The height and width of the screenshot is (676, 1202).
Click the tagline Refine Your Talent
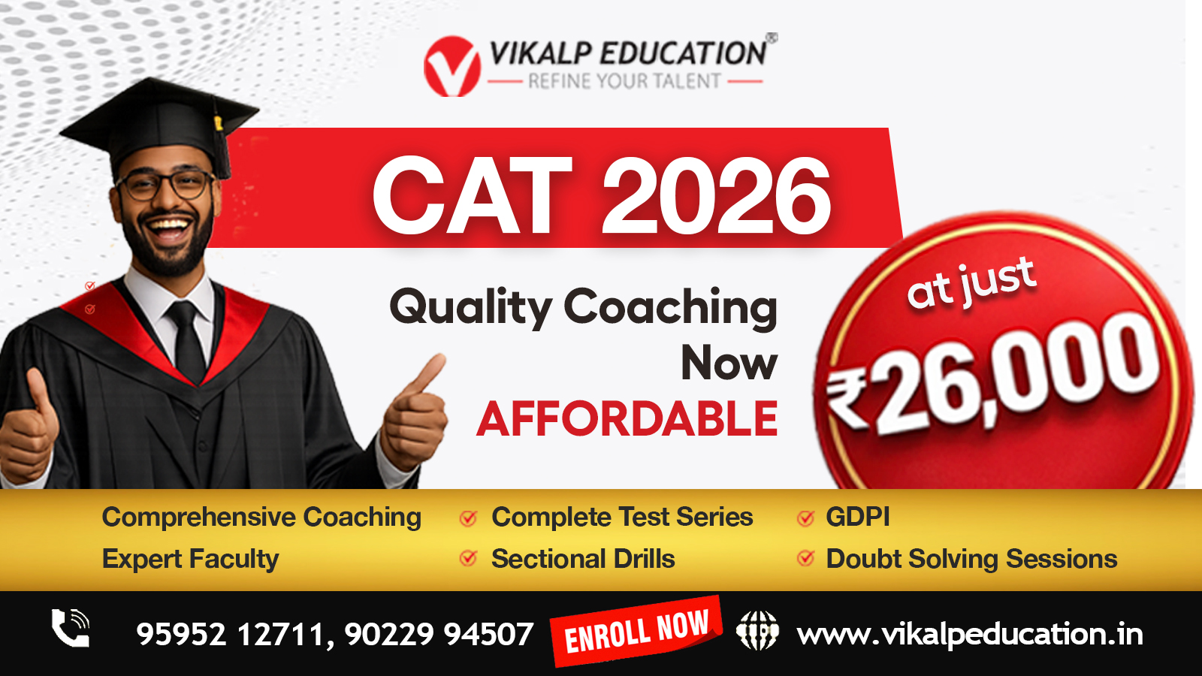coord(624,82)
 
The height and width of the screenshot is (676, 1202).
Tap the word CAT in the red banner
coord(473,195)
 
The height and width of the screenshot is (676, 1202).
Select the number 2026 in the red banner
coord(717,195)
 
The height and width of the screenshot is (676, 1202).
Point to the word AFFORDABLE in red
coord(627,419)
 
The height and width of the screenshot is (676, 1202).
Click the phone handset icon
coord(71,628)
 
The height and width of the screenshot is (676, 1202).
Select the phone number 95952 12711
coord(229,634)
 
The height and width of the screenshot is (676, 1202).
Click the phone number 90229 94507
coord(439,634)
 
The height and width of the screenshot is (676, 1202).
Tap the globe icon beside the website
coord(757,630)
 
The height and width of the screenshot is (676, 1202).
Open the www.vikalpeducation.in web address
coord(970,634)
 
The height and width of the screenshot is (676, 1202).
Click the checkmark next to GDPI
coord(805,518)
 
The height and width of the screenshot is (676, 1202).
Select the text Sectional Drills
coord(583,559)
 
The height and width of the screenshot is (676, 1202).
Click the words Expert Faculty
coord(191,560)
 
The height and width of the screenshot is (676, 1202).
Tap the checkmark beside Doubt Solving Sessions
coord(805,558)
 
